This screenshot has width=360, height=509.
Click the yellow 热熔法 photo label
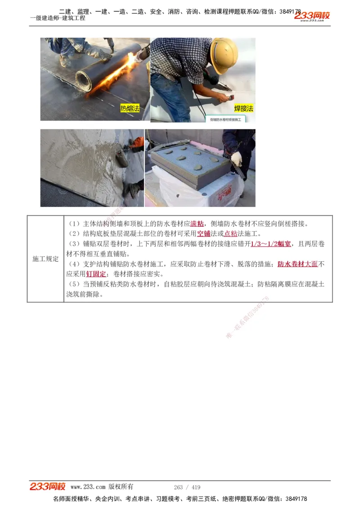click(130, 108)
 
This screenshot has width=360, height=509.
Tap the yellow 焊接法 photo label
click(244, 108)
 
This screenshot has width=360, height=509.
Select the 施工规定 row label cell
click(45, 259)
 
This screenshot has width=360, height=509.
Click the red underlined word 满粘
click(197, 224)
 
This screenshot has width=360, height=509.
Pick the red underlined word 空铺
click(204, 234)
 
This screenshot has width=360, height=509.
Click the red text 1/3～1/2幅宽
click(270, 244)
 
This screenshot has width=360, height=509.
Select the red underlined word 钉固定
click(96, 274)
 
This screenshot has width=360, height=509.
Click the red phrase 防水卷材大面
click(297, 264)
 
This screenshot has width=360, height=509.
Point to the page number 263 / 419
click(187, 487)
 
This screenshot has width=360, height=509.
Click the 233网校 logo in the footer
click(48, 487)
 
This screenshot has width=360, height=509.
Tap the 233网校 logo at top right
click(312, 16)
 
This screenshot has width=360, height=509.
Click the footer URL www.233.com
click(88, 487)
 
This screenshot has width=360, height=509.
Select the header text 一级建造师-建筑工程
click(58, 18)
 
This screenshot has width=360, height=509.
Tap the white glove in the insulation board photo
click(236, 158)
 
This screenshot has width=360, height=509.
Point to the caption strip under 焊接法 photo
click(226, 120)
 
